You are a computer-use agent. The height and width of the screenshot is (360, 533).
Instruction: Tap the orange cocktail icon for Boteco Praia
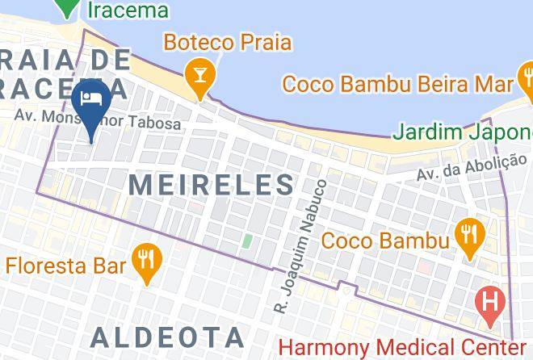197,75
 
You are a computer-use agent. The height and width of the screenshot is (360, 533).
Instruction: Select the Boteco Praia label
227,41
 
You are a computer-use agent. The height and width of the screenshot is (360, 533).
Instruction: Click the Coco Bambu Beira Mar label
398,82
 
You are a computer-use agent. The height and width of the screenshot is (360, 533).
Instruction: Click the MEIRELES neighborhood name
212,184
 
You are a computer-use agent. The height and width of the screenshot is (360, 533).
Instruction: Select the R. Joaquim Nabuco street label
300,246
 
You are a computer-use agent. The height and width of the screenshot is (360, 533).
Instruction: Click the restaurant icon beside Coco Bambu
468,236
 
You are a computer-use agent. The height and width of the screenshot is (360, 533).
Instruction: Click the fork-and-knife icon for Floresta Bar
146,260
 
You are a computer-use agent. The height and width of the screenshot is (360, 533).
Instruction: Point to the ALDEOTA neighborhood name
167,336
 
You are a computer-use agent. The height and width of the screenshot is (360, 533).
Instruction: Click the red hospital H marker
489,303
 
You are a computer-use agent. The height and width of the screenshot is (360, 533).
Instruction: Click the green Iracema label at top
128,10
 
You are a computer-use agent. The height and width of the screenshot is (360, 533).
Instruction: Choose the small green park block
247,241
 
